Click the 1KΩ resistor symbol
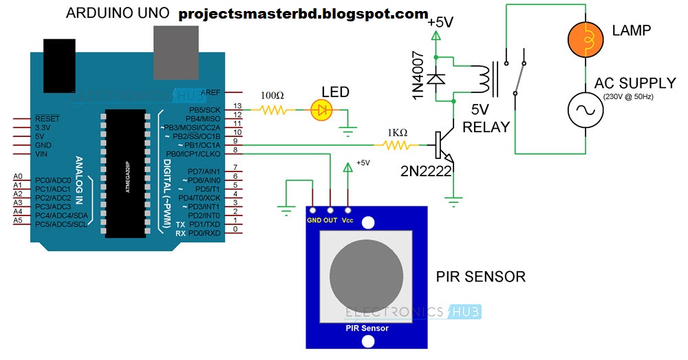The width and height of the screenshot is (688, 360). coord(396,145)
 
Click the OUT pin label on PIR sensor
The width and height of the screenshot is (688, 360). coord(331,220)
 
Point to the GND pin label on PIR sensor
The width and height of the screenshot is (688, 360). coord(313,220)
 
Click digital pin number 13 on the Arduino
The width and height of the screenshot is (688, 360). coord(237,106)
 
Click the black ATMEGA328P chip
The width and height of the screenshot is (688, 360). coord(126,174)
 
